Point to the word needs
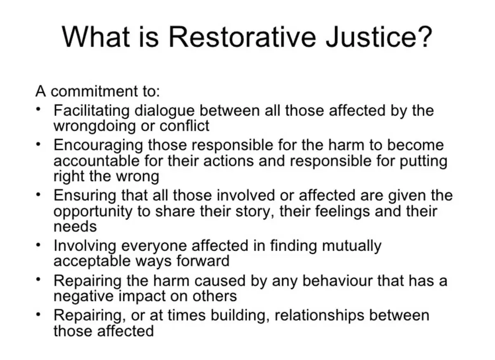pos(75,226)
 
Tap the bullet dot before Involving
pos(38,245)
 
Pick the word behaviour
pos(324,280)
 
